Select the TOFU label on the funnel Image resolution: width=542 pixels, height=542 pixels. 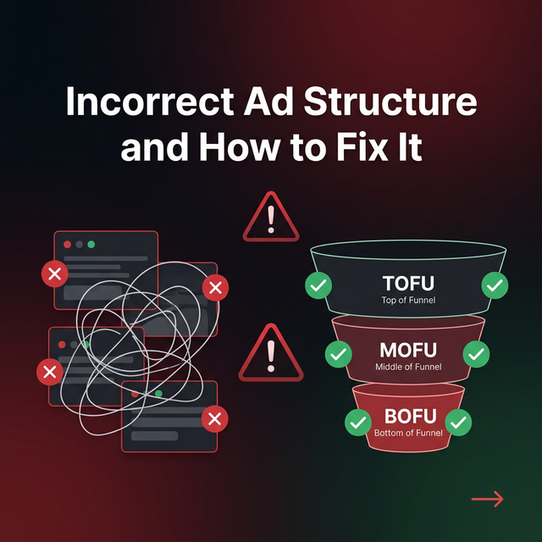click(407, 283)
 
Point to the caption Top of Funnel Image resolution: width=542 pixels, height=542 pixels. click(407, 300)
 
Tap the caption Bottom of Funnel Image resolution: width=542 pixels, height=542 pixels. click(407, 433)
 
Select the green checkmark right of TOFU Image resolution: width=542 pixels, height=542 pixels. click(495, 285)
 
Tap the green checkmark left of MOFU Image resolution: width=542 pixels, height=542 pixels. click(338, 353)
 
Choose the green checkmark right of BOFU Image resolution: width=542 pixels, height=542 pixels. click(458, 421)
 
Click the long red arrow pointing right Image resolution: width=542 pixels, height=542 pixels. click(487, 499)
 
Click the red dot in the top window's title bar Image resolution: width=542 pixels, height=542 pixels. click(67, 244)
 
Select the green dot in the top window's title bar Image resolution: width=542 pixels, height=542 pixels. click(91, 244)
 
